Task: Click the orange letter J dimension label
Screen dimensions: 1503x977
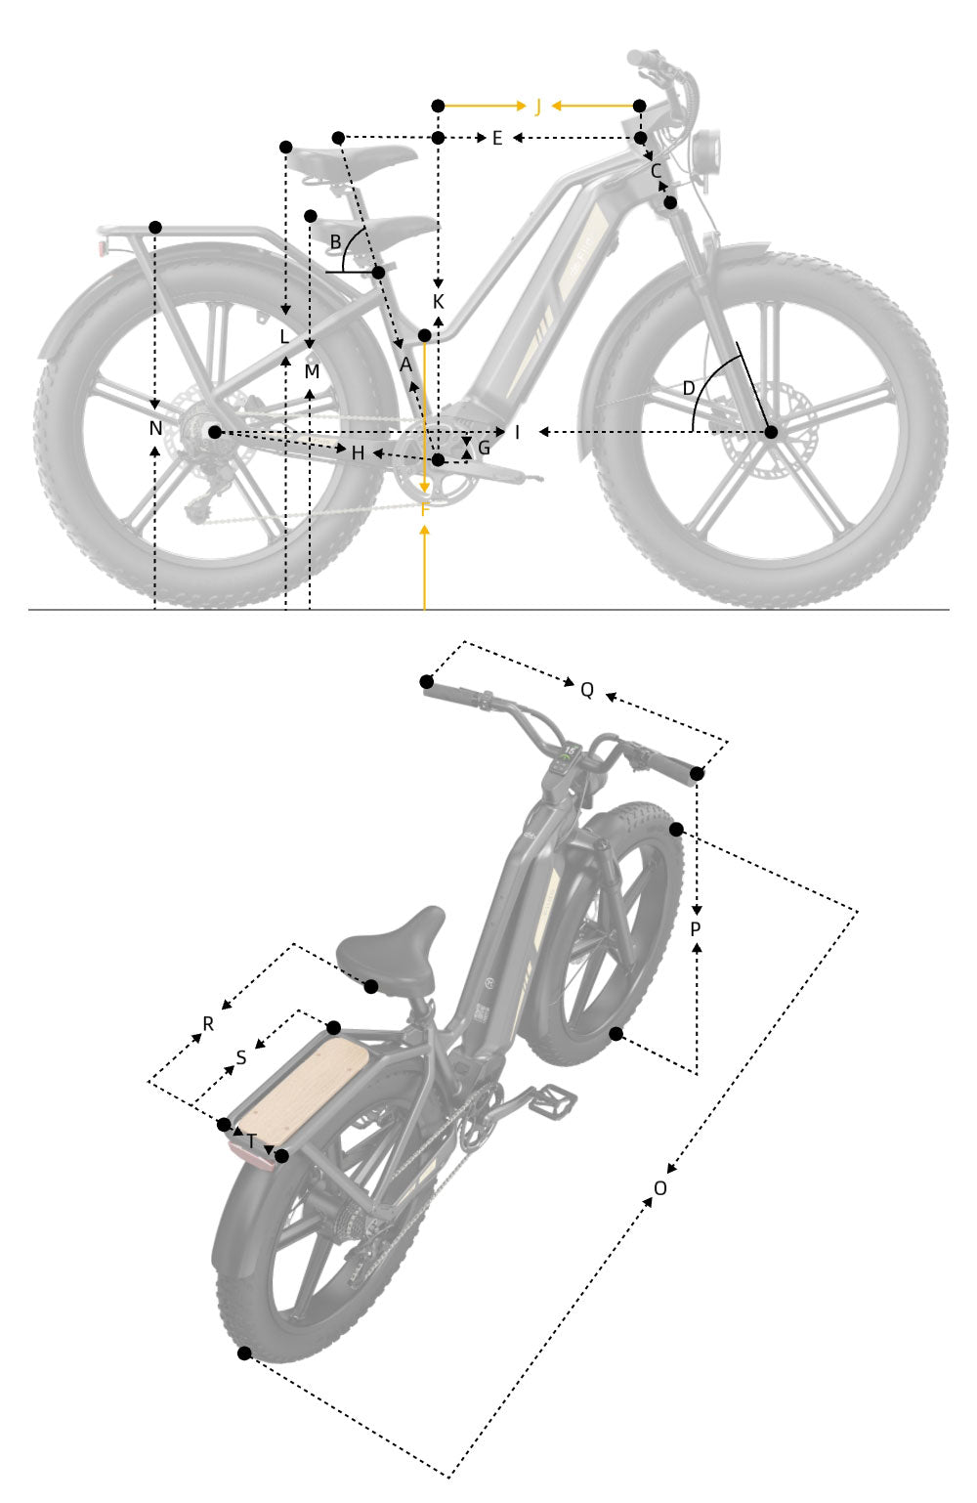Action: [537, 106]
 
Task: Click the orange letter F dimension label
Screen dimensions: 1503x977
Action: [424, 508]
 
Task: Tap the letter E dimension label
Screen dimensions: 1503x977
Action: [496, 139]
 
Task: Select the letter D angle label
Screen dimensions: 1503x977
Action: [689, 389]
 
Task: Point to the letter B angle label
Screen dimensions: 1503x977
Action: [335, 241]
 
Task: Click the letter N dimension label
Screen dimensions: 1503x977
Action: [155, 428]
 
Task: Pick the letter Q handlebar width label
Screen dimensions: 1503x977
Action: [586, 690]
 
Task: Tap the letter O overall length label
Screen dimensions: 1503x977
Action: [660, 1188]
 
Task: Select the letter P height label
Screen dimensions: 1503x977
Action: [696, 929]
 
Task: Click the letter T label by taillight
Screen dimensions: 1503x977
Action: [252, 1140]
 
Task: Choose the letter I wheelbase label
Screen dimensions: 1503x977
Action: [518, 432]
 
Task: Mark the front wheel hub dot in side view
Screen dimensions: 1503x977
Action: [771, 432]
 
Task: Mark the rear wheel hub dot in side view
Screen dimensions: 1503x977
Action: [215, 432]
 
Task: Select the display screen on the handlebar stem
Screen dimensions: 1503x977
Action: [568, 758]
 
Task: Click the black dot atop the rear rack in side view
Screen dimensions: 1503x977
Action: [155, 227]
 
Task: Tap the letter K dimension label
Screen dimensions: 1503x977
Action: [438, 302]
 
